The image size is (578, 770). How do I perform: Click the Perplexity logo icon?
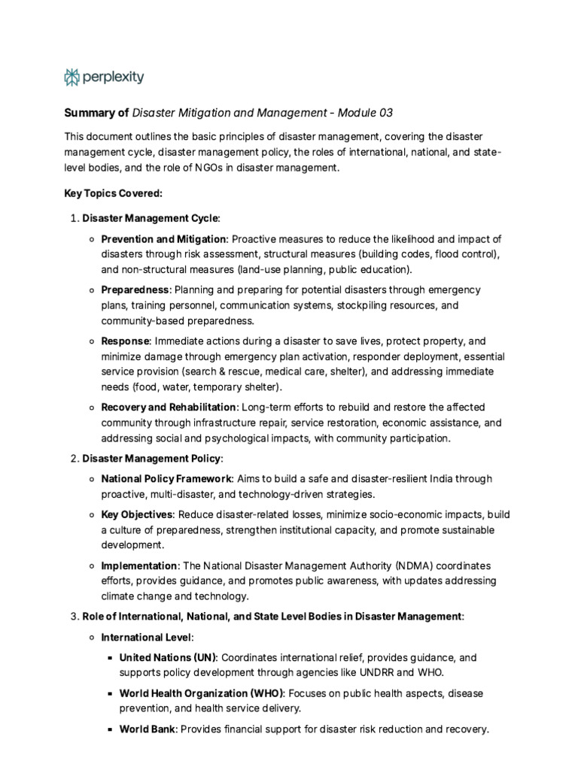[71, 77]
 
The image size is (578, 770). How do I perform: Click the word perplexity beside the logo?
[113, 77]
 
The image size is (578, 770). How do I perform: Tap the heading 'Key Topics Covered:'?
[114, 193]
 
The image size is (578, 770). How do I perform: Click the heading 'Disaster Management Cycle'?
[151, 218]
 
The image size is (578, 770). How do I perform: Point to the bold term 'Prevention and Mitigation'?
[163, 239]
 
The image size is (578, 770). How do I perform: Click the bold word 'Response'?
[126, 341]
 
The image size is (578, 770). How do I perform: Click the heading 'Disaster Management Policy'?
[151, 458]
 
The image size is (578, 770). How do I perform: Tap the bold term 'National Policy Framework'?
[167, 478]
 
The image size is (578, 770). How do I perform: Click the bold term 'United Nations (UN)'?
[168, 657]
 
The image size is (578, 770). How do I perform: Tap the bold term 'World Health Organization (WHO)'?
[199, 693]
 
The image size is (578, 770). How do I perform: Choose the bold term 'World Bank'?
[148, 729]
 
